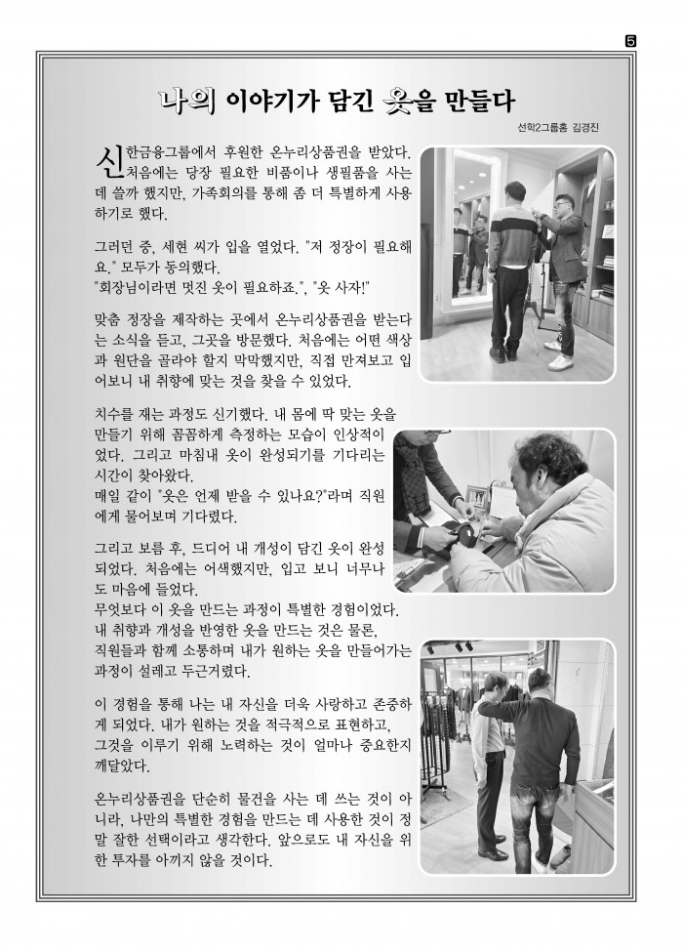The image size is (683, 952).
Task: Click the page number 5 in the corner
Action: [x=630, y=41]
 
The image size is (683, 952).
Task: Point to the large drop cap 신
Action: [x=108, y=160]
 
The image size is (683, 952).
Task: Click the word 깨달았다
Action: [x=122, y=766]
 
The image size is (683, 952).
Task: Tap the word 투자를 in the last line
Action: [x=133, y=860]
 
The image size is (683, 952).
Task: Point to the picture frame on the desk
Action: [x=478, y=498]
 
